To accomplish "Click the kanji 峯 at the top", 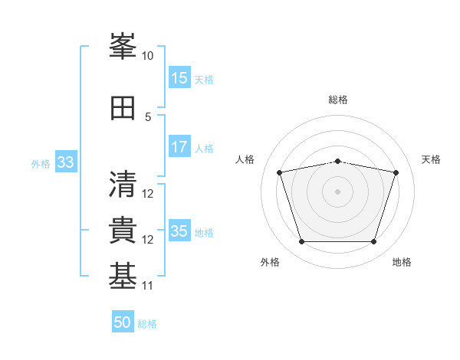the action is [x=123, y=46].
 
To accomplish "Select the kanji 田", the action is [x=123, y=108].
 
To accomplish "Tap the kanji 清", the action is [x=123, y=184].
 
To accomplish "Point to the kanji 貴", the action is [x=123, y=230].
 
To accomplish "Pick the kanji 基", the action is [x=123, y=276].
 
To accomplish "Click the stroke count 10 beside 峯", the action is [x=147, y=56].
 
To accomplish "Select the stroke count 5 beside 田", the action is [x=148, y=117].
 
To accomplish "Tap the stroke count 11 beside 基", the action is [x=147, y=286].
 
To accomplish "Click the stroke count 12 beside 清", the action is [x=147, y=194].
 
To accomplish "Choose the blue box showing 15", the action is [x=179, y=77].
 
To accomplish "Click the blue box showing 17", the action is [x=179, y=146].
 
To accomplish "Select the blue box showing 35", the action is [x=179, y=230].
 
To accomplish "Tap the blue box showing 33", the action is [x=66, y=162].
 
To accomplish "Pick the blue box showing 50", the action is [x=123, y=321].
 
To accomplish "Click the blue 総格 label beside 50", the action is [x=147, y=324].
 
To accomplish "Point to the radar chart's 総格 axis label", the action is [x=338, y=100].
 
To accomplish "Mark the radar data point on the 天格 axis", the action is [x=396, y=172].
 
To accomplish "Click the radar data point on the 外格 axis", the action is [x=302, y=242].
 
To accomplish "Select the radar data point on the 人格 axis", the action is [x=280, y=172].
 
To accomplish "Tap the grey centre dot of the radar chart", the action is [x=337, y=191].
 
